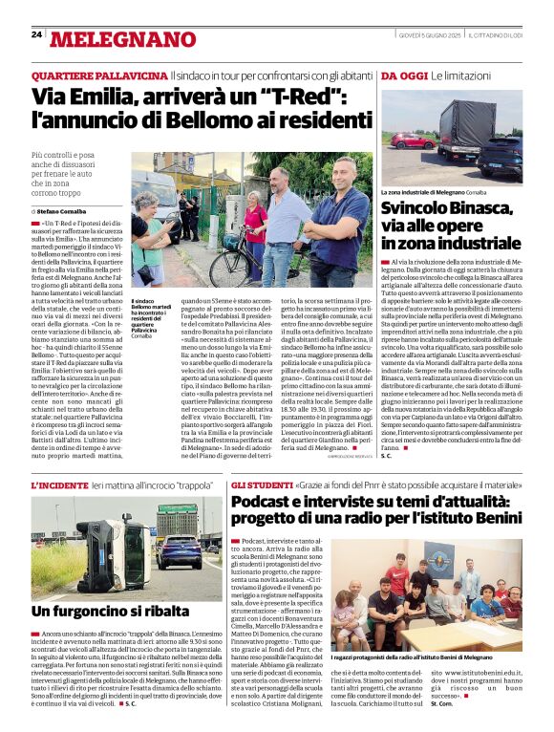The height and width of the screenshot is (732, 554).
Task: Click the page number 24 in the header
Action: point(35,34)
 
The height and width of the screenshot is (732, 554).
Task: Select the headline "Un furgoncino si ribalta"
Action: point(110,610)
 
